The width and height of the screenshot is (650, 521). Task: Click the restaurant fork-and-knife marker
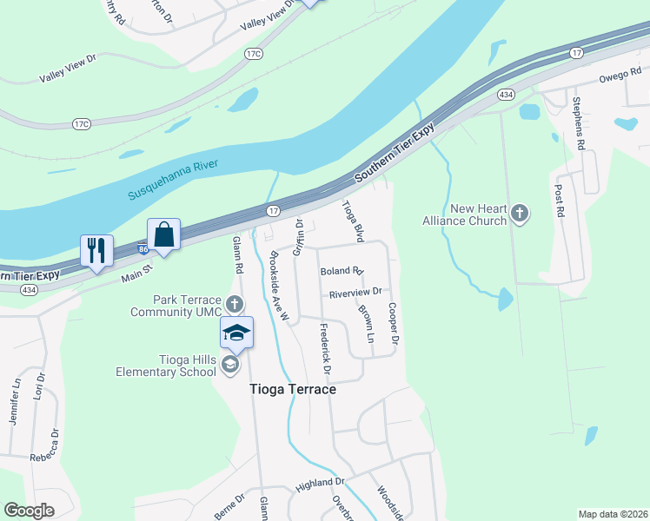[96, 251]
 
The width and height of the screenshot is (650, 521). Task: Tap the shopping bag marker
[163, 234]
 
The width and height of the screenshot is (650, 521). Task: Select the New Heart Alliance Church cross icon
[520, 213]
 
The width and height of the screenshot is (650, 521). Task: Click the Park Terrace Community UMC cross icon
[234, 305]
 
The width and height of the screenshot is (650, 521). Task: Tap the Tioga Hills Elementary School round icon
[230, 365]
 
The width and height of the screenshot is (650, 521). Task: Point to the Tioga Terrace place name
[293, 390]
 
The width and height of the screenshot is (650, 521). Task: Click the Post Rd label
[560, 200]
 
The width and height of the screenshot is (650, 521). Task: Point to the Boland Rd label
[341, 272]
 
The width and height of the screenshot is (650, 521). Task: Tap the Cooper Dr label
[393, 323]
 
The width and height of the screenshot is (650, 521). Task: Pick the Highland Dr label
[321, 481]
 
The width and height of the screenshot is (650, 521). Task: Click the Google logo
[29, 511]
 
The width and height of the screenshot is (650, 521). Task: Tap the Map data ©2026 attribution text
[612, 514]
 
